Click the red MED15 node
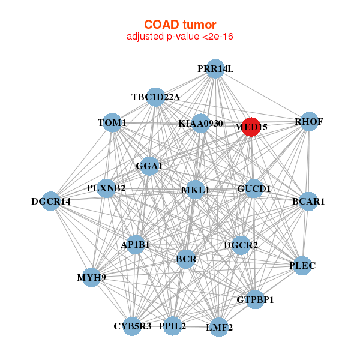(x=251, y=127)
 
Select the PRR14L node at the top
(x=215, y=69)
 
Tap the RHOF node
(x=309, y=122)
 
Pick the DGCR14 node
(x=51, y=201)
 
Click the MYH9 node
(x=91, y=277)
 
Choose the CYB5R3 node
(x=132, y=326)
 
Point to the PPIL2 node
(x=173, y=326)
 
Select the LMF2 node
(x=219, y=327)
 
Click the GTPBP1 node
(x=255, y=299)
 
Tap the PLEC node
(x=302, y=266)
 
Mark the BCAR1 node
(x=308, y=202)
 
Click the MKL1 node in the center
(x=195, y=190)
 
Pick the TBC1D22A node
(x=155, y=97)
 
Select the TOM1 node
(x=112, y=122)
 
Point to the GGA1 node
(x=149, y=166)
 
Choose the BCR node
(x=186, y=259)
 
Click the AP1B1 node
(x=136, y=245)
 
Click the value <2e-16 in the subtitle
(x=218, y=37)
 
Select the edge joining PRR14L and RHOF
(x=262, y=95)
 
